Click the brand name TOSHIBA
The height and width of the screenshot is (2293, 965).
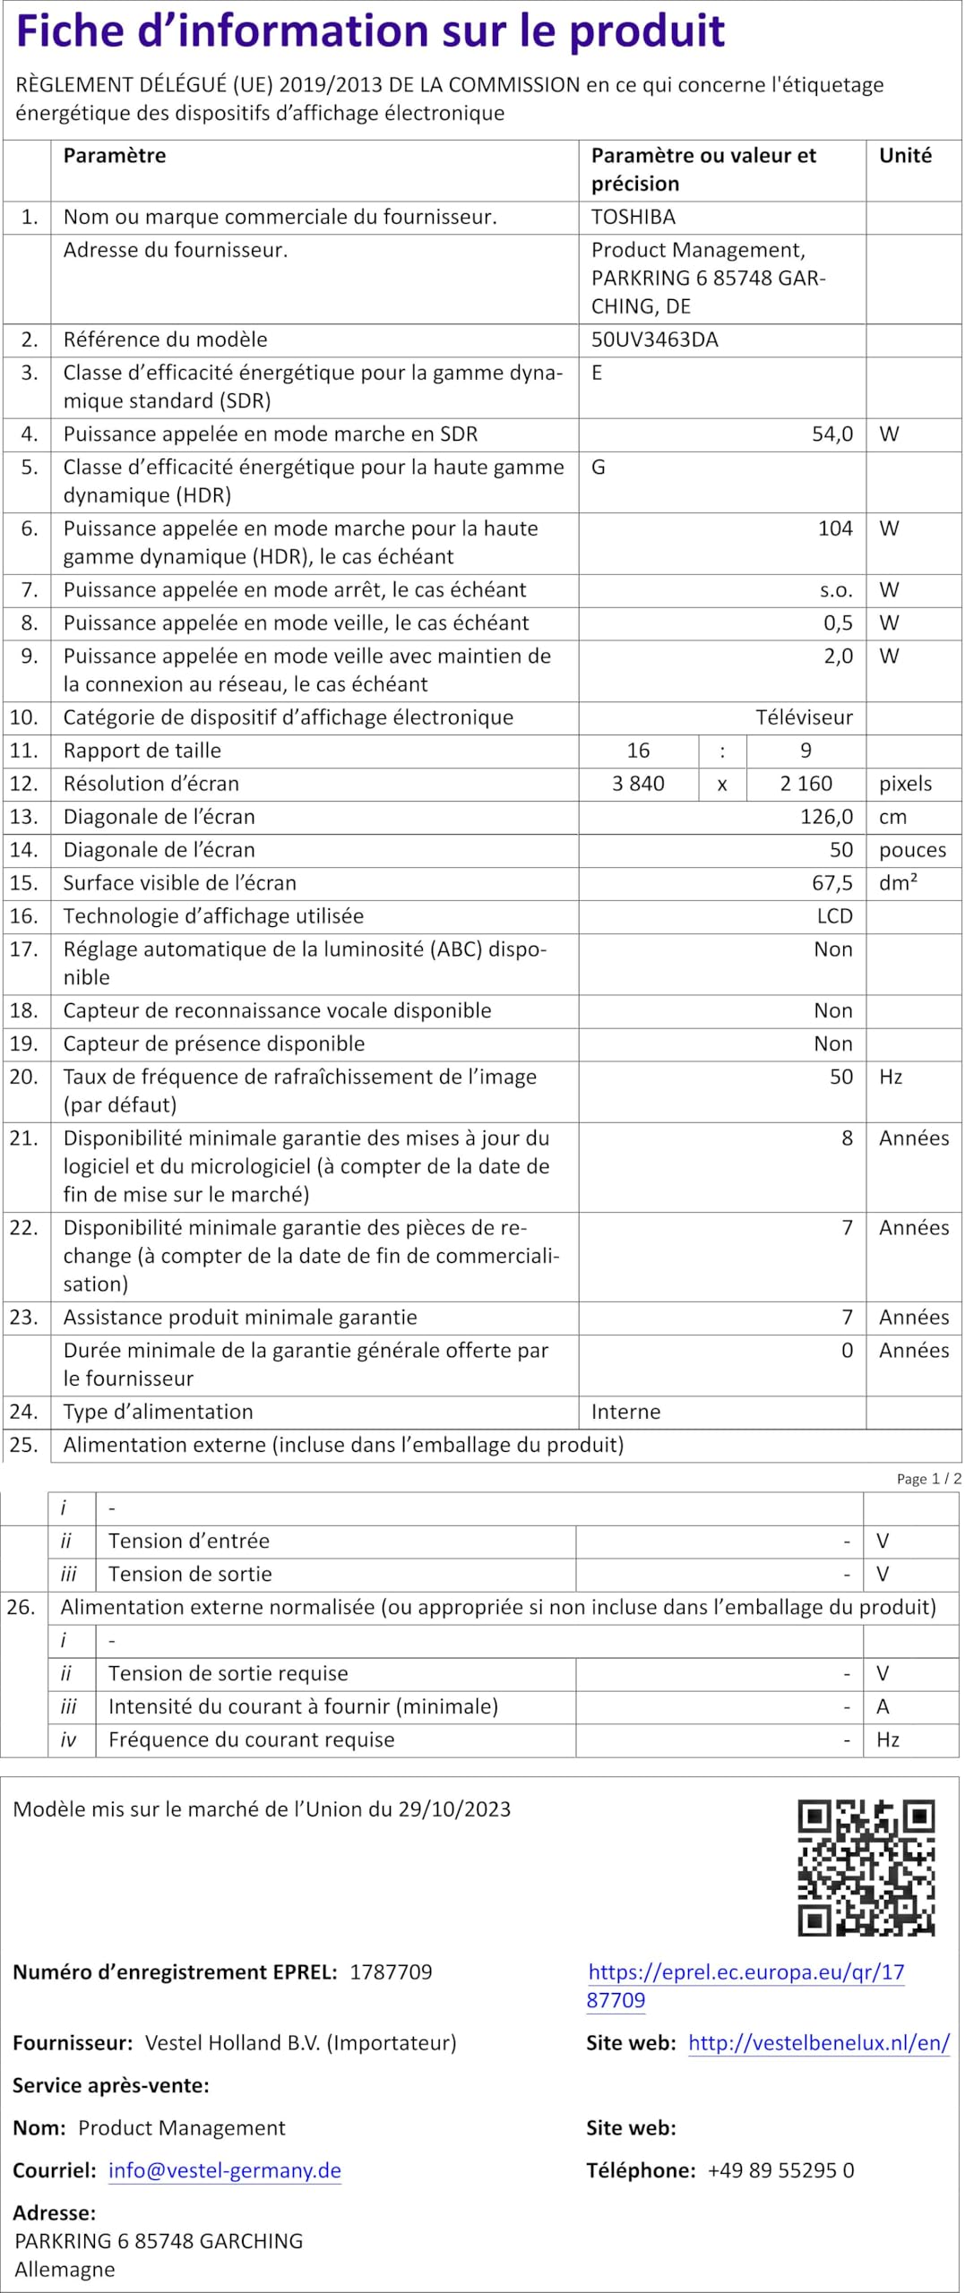coord(633,217)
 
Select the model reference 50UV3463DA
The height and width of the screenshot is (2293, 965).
coord(654,339)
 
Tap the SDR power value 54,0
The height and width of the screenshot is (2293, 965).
coord(831,434)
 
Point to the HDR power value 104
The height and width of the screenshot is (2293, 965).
coord(835,528)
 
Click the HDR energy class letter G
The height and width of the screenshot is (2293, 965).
coord(598,468)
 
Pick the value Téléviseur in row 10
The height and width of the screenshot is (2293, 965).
coord(804,717)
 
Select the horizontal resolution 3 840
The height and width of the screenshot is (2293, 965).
coord(638,784)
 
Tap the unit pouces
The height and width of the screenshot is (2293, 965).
coord(912,850)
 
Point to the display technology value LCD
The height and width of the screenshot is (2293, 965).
coord(834,916)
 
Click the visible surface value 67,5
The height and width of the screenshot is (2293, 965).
coord(831,883)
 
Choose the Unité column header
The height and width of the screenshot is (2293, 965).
coord(905,156)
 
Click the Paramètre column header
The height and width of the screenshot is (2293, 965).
coord(115,156)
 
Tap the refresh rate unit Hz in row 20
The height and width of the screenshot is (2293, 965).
coord(891,1077)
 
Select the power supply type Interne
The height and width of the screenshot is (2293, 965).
coord(625,1412)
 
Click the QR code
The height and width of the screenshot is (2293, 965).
coord(866,1868)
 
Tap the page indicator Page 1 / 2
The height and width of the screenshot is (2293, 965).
coord(928,1479)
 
